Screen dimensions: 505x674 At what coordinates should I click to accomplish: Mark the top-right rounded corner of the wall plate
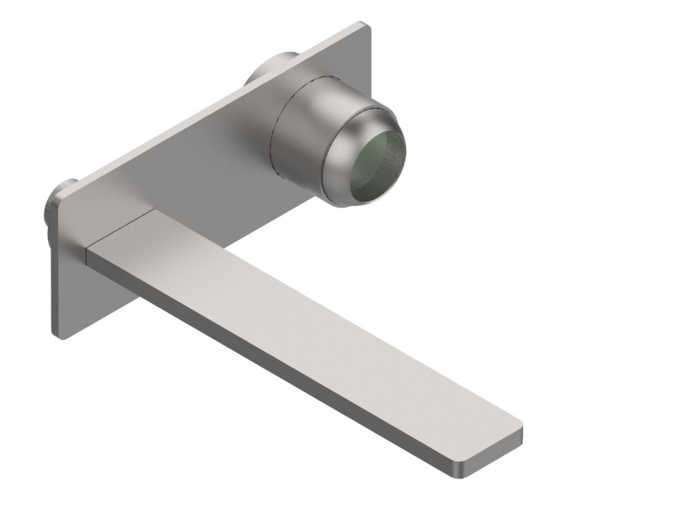364,27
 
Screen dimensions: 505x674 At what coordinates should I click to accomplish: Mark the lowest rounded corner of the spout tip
465,458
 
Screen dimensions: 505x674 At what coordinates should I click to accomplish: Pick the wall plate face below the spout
93,295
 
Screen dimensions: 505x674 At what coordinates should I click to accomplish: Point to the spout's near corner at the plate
89,247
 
